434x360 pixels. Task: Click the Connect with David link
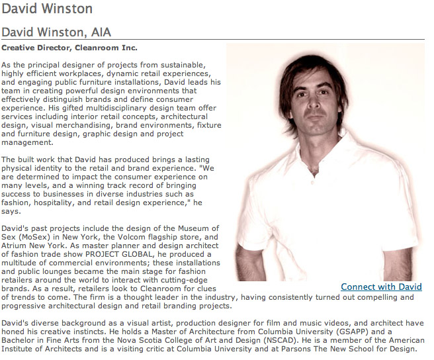click(x=381, y=287)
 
